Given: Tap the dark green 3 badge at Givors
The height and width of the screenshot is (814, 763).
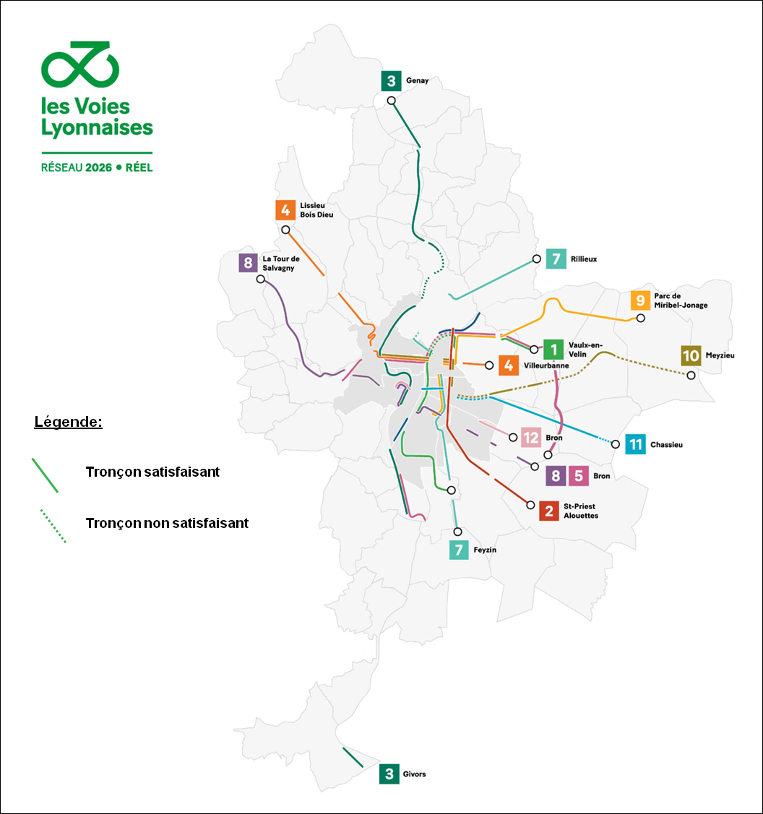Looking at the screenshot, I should (x=389, y=774).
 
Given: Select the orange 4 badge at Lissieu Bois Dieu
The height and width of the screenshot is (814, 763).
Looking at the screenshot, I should (x=285, y=210).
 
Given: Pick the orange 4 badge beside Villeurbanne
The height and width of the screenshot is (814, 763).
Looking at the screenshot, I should (x=509, y=365).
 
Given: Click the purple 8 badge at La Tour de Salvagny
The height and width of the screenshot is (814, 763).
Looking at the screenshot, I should (x=248, y=263).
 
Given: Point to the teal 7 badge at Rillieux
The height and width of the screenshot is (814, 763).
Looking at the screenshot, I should (x=556, y=259).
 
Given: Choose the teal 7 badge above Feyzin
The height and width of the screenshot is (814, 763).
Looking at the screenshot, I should (x=458, y=550).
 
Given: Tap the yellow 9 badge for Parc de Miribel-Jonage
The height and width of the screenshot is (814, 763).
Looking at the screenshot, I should (x=639, y=300).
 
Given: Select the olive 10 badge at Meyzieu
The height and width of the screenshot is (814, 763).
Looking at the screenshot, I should (x=691, y=355).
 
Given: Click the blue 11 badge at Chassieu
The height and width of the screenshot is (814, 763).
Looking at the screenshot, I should (x=635, y=444).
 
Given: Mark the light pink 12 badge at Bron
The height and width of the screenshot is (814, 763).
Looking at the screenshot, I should (x=531, y=438).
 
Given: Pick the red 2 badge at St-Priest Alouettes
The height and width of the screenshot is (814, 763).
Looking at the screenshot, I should (x=549, y=511).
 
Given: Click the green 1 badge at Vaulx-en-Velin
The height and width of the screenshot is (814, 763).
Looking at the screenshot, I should (x=553, y=349).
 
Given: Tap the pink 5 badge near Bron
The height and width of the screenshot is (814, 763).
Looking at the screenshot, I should (x=578, y=476).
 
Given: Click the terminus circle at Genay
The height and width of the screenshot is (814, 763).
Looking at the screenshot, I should (x=391, y=100).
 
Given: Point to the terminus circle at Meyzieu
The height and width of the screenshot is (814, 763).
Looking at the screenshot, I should (x=691, y=375).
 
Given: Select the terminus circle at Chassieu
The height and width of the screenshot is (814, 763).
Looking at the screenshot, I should (x=615, y=443).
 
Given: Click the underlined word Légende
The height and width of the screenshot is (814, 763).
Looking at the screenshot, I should (x=68, y=422).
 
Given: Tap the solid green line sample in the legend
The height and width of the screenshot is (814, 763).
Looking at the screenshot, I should (x=45, y=475).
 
